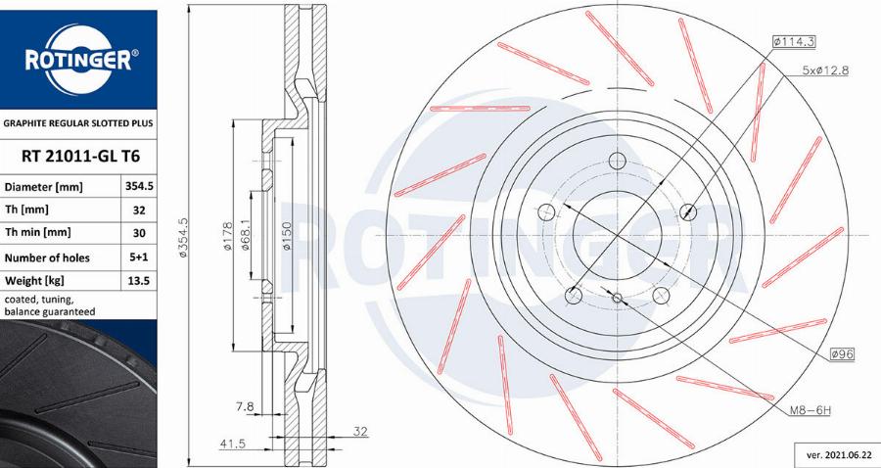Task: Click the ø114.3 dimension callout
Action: point(794,41)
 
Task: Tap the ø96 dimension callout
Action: point(843,354)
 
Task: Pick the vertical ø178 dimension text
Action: point(227,235)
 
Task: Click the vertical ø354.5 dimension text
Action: point(182,235)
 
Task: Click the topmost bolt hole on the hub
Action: point(616,162)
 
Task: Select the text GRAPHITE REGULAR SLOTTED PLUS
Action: point(78,124)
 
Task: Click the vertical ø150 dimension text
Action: point(285,235)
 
